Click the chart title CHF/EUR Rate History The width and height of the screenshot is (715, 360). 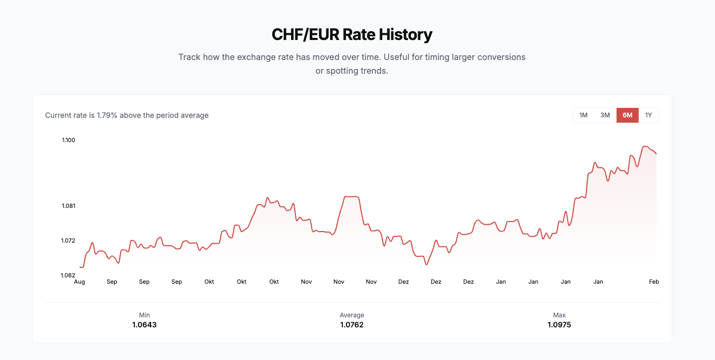pos(352,35)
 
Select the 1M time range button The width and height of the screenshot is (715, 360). pos(583,115)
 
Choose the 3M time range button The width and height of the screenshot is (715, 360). pos(605,115)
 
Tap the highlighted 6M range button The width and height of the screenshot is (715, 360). pos(627,115)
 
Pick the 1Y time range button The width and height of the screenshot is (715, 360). pos(649,115)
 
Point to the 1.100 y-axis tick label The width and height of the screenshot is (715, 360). pos(68,140)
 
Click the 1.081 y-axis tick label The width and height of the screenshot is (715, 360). pos(68,206)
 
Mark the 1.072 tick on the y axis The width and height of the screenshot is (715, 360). pos(68,241)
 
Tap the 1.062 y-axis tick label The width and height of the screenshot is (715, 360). pos(68,275)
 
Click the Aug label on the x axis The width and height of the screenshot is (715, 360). pos(80,282)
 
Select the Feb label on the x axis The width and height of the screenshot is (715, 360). pos(654,282)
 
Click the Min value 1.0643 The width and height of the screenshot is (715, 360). pos(144,325)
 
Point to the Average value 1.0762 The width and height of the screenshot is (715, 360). pos(352,325)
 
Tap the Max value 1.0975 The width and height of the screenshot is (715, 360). pos(559,325)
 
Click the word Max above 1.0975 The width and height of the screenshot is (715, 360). pos(559,315)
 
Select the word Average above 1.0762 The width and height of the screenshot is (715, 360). pos(352,315)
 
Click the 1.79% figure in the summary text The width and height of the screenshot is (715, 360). pos(107,115)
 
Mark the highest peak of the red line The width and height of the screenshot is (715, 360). pos(645,146)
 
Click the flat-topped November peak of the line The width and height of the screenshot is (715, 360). pos(351,196)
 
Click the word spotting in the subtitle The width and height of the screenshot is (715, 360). pos(342,71)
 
